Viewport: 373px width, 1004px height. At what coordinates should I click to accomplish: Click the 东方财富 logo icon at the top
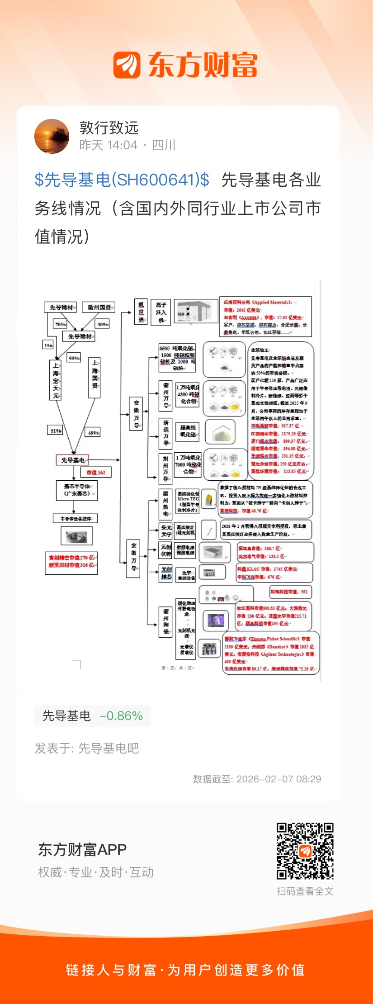[x=127, y=65]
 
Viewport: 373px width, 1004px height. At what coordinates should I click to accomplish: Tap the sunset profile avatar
[x=52, y=136]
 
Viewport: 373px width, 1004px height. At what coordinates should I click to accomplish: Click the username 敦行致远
[x=109, y=128]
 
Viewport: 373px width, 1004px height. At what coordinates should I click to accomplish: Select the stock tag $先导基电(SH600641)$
[x=122, y=180]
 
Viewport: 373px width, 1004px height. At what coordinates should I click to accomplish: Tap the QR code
[x=305, y=851]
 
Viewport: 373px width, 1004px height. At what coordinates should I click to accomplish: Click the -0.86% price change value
[x=121, y=716]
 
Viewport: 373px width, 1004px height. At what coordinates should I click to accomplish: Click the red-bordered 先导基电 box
[x=73, y=460]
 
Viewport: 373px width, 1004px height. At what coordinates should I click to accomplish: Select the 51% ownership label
[x=55, y=431]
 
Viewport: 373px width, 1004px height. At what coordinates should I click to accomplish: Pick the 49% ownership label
[x=93, y=432]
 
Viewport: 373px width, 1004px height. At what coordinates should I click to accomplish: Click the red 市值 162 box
[x=96, y=473]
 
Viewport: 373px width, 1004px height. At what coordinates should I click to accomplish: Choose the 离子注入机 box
[x=161, y=313]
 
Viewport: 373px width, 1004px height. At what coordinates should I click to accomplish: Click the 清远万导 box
[x=165, y=433]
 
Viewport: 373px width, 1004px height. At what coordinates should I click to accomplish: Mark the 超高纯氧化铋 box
[x=188, y=431]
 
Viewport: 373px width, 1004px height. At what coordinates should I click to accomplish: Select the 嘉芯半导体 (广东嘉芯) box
[x=77, y=490]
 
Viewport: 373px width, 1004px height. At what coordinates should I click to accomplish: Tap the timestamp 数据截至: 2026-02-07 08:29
[x=257, y=779]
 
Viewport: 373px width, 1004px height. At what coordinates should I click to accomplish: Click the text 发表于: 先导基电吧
[x=87, y=748]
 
